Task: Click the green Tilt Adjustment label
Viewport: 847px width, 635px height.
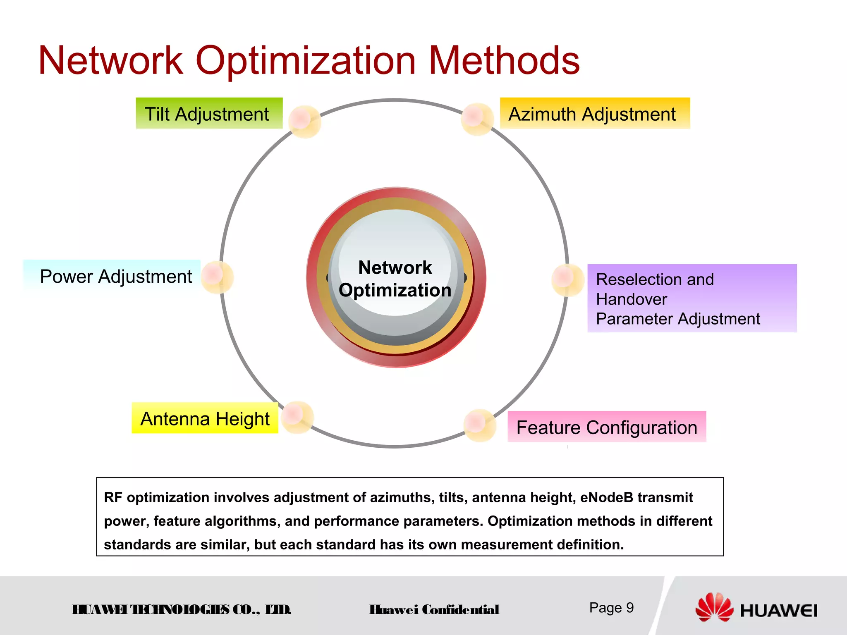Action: coord(209,114)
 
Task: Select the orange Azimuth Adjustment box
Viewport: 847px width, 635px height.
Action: coord(594,114)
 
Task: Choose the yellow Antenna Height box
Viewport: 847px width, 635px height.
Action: coord(205,418)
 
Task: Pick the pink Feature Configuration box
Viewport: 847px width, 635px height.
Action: coord(606,427)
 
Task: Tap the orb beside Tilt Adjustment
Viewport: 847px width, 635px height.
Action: coord(304,121)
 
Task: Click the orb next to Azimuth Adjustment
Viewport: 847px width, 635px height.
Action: coord(477,119)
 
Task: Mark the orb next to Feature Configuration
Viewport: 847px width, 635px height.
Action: coord(480,425)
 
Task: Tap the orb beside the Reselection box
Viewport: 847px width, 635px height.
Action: coord(567,280)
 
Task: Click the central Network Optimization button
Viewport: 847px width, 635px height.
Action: coord(396,278)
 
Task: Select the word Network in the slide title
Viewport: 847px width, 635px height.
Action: coord(111,61)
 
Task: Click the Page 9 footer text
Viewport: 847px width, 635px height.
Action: coord(611,608)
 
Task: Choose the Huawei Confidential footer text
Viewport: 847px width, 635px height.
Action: coord(434,610)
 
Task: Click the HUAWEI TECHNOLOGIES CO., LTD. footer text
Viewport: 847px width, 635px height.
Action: coord(182,610)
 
